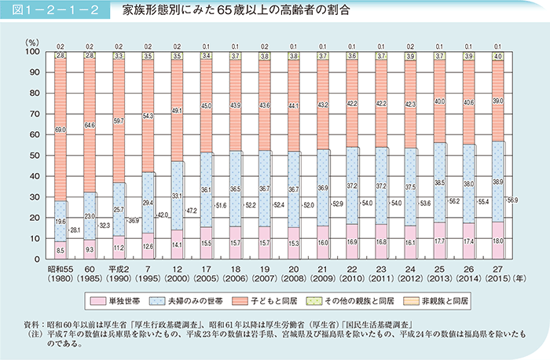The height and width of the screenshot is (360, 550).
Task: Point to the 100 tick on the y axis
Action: coord(32,52)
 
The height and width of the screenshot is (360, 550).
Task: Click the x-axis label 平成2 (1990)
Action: coord(119,274)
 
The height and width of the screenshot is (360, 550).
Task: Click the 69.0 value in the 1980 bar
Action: coord(61,127)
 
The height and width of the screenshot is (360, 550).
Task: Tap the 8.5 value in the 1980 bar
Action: coord(61,250)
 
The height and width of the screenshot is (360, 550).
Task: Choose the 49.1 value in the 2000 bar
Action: coord(178,111)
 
